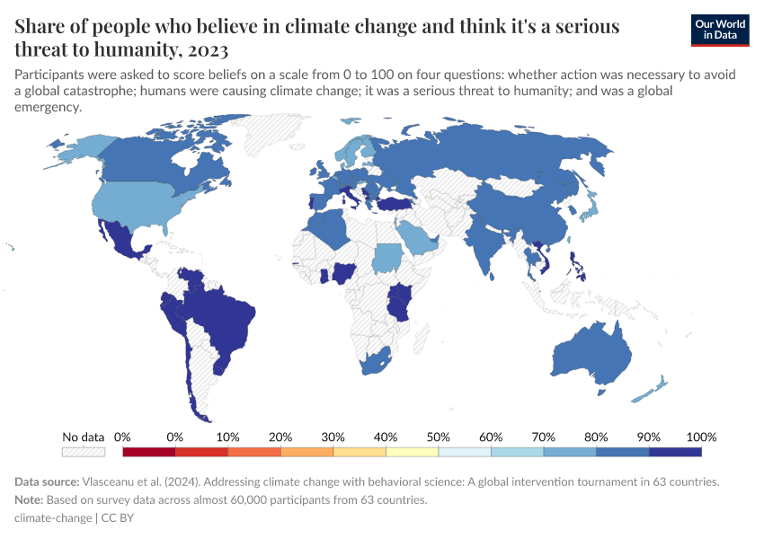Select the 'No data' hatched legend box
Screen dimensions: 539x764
click(x=84, y=452)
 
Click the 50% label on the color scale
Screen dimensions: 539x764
click(x=438, y=437)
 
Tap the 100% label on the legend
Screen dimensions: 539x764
click(x=700, y=437)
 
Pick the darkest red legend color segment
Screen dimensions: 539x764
click(x=149, y=452)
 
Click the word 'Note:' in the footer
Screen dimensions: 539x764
click(x=31, y=499)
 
